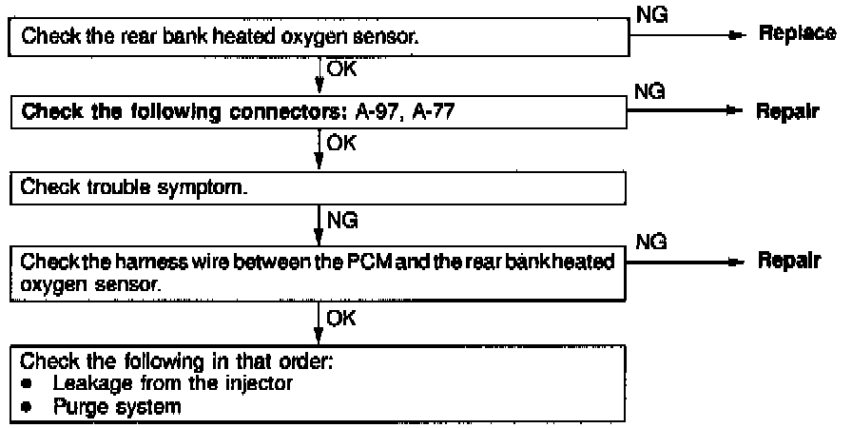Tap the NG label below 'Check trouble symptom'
point(342,222)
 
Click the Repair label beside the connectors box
point(792,112)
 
